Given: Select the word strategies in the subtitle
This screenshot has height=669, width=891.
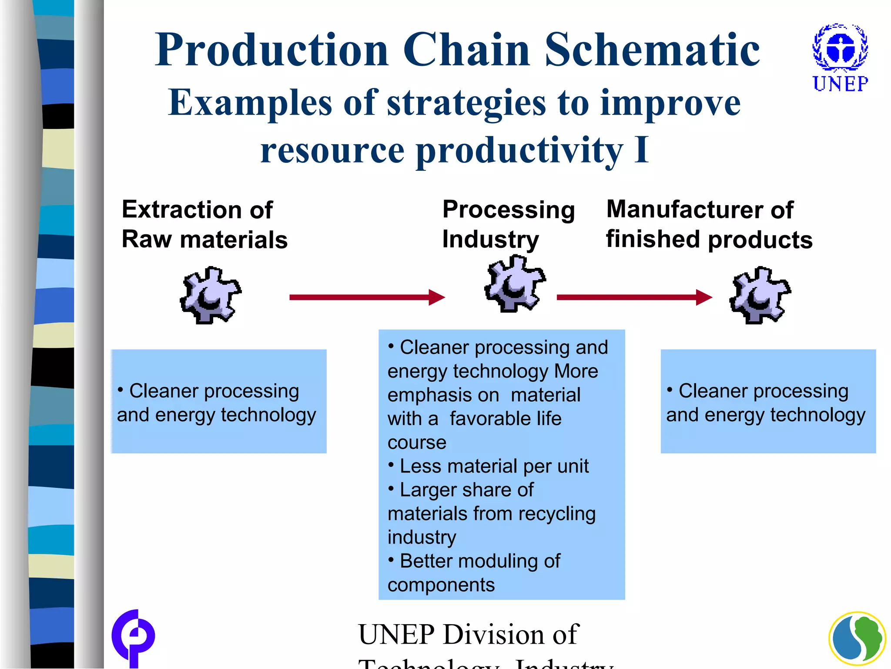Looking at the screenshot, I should pyautogui.click(x=466, y=103).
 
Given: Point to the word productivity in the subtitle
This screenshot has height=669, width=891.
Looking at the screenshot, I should pyautogui.click(x=519, y=151).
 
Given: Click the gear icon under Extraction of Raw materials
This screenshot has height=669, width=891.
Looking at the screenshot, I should pyautogui.click(x=211, y=295).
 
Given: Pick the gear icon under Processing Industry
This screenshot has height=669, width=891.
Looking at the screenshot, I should pyautogui.click(x=515, y=284).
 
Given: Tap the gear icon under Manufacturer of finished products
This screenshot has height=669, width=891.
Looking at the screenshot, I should pyautogui.click(x=760, y=295).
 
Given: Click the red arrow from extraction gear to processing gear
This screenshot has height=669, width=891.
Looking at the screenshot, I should pyautogui.click(x=367, y=297).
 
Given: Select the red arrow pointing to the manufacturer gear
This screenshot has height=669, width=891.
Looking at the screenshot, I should pyautogui.click(x=634, y=297).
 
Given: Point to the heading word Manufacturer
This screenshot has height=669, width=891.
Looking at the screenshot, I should pyautogui.click(x=684, y=210).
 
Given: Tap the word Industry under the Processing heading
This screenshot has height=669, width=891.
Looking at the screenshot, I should pyautogui.click(x=490, y=240).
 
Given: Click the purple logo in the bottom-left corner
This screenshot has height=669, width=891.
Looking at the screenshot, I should pyautogui.click(x=133, y=638).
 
